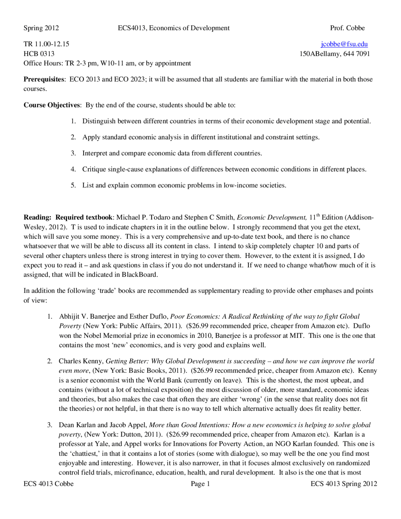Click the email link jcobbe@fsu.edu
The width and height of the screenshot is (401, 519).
pyautogui.click(x=344, y=44)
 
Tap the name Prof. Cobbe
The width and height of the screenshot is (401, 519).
pyautogui.click(x=347, y=28)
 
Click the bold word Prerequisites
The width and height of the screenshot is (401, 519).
pyautogui.click(x=44, y=79)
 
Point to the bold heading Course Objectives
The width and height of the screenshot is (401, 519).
pyautogui.click(x=52, y=105)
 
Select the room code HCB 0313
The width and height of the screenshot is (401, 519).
pyautogui.click(x=39, y=54)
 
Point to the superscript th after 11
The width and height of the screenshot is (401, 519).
pyautogui.click(x=318, y=215)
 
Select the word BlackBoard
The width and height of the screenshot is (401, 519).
pyautogui.click(x=139, y=275)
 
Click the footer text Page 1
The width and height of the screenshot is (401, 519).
pyautogui.click(x=200, y=484)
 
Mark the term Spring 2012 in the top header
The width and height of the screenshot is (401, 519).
pyautogui.click(x=41, y=28)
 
